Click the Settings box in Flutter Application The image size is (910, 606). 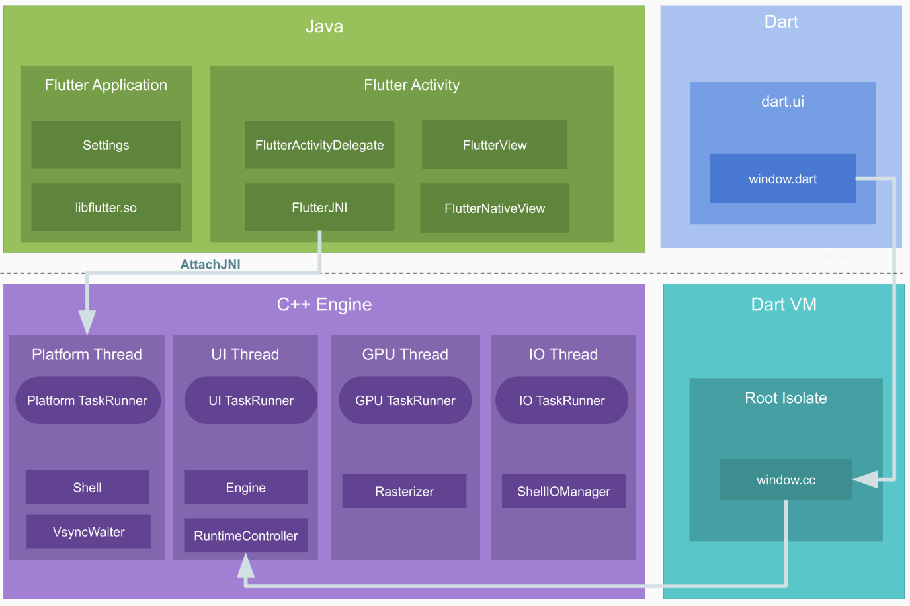[x=106, y=145]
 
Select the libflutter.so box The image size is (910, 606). [x=106, y=208]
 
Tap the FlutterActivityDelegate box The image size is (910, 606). [x=319, y=145]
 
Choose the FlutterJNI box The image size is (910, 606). [x=319, y=208]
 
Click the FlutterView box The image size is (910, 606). [x=495, y=145]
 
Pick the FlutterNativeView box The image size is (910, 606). [x=495, y=208]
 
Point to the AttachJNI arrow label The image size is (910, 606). [x=210, y=265]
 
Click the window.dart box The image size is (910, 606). [x=782, y=179]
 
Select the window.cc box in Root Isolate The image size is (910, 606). [x=786, y=480]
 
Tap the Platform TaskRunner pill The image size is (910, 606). [x=87, y=400]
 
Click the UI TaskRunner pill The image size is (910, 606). [x=251, y=400]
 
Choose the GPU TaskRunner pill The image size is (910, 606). [x=405, y=400]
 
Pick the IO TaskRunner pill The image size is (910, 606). [x=561, y=400]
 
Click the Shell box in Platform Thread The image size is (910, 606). [x=87, y=488]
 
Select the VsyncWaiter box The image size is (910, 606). [x=89, y=532]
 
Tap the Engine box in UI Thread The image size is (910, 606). [x=246, y=488]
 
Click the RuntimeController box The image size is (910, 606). [x=246, y=536]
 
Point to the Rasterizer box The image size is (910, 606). [x=404, y=492]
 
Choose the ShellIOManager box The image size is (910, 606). [x=563, y=492]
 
